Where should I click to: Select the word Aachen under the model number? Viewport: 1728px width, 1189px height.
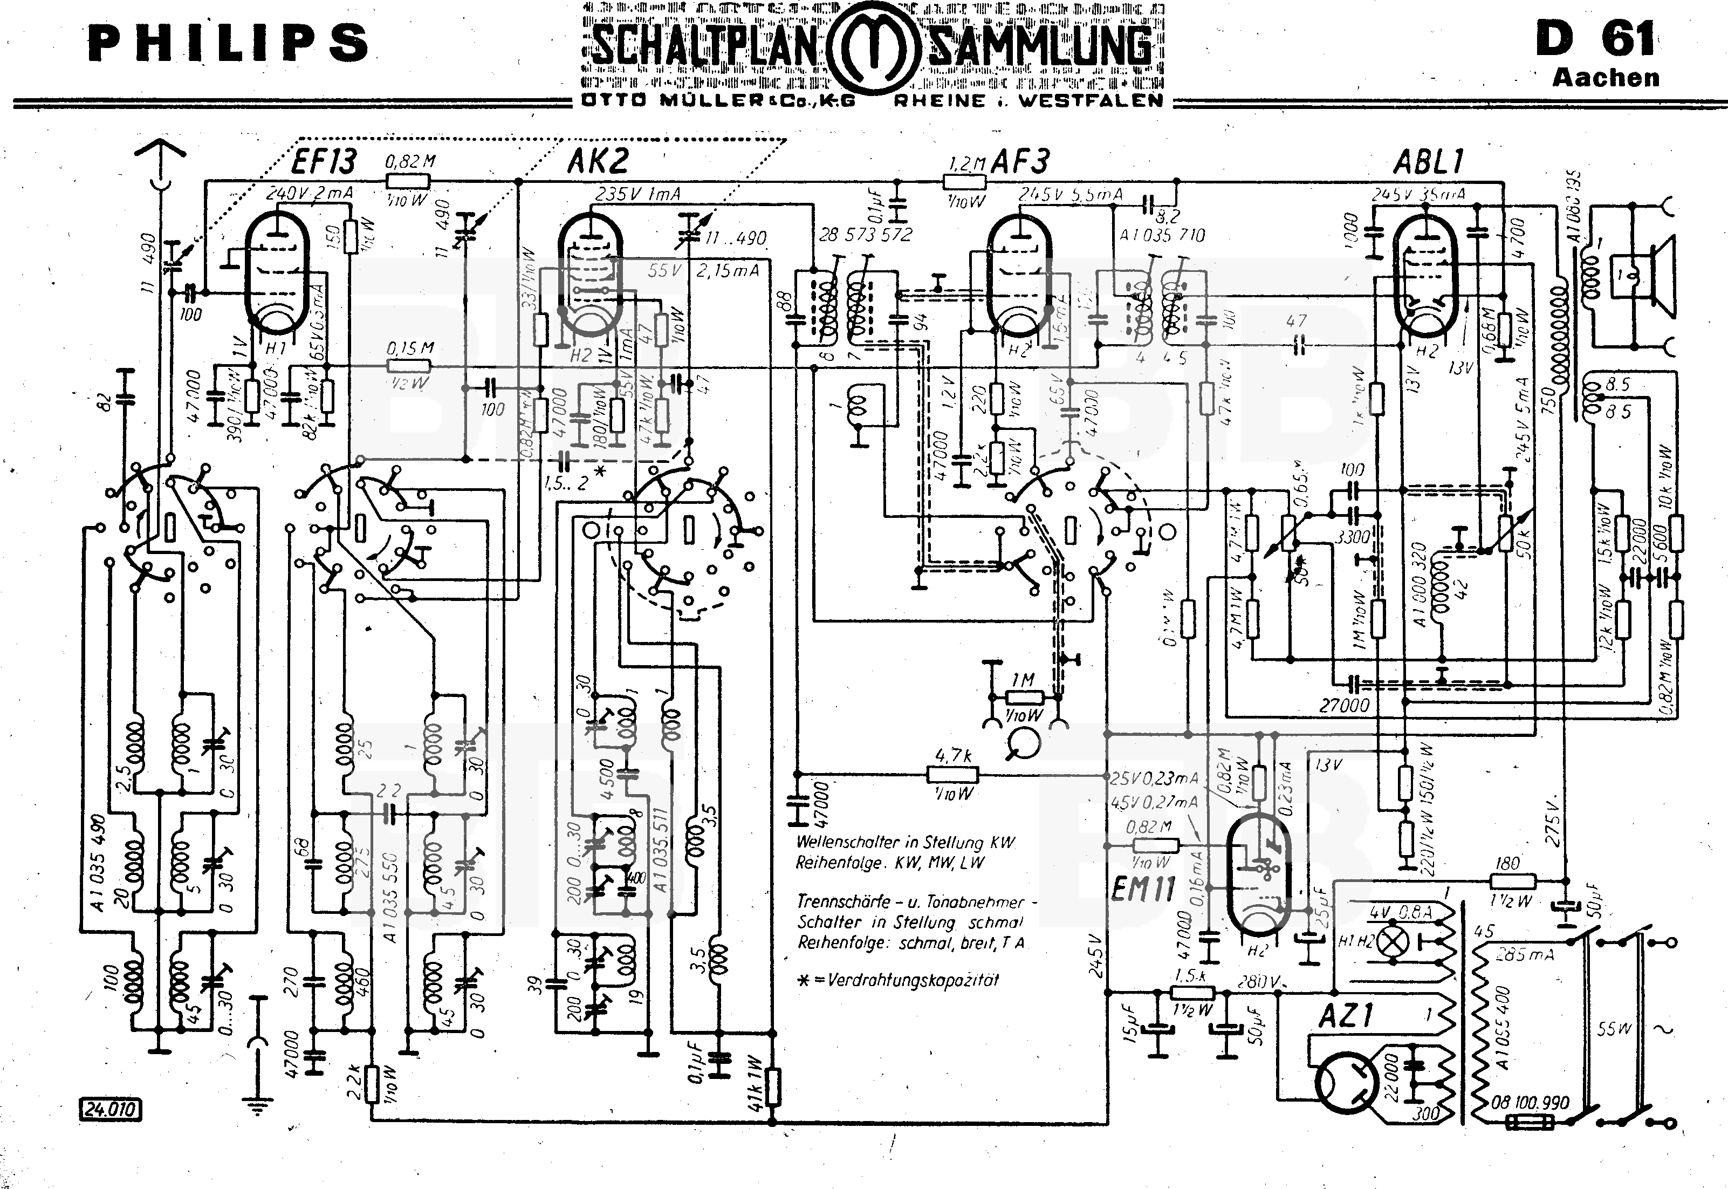(x=1605, y=78)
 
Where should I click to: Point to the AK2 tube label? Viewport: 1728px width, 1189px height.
(x=598, y=161)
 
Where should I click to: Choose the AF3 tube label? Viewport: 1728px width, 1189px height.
(x=1020, y=161)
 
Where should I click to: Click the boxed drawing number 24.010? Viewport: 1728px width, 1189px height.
(x=109, y=1109)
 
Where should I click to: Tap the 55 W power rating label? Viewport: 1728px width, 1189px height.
(x=1614, y=1029)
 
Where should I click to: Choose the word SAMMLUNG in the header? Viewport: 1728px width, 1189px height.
(x=1039, y=46)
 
